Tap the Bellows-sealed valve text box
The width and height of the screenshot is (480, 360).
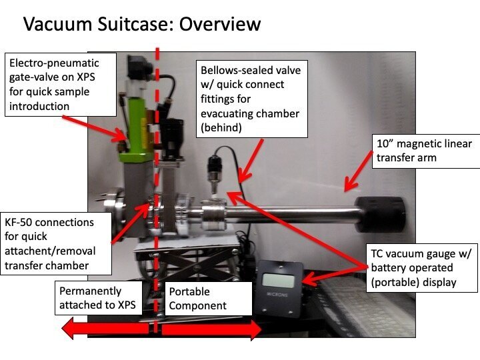[x=249, y=100]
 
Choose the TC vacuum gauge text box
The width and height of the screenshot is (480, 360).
[x=421, y=267]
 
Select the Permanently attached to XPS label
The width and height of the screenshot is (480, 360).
[x=99, y=299]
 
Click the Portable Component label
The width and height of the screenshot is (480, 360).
[x=207, y=299]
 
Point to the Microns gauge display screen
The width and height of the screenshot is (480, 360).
[x=279, y=279]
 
